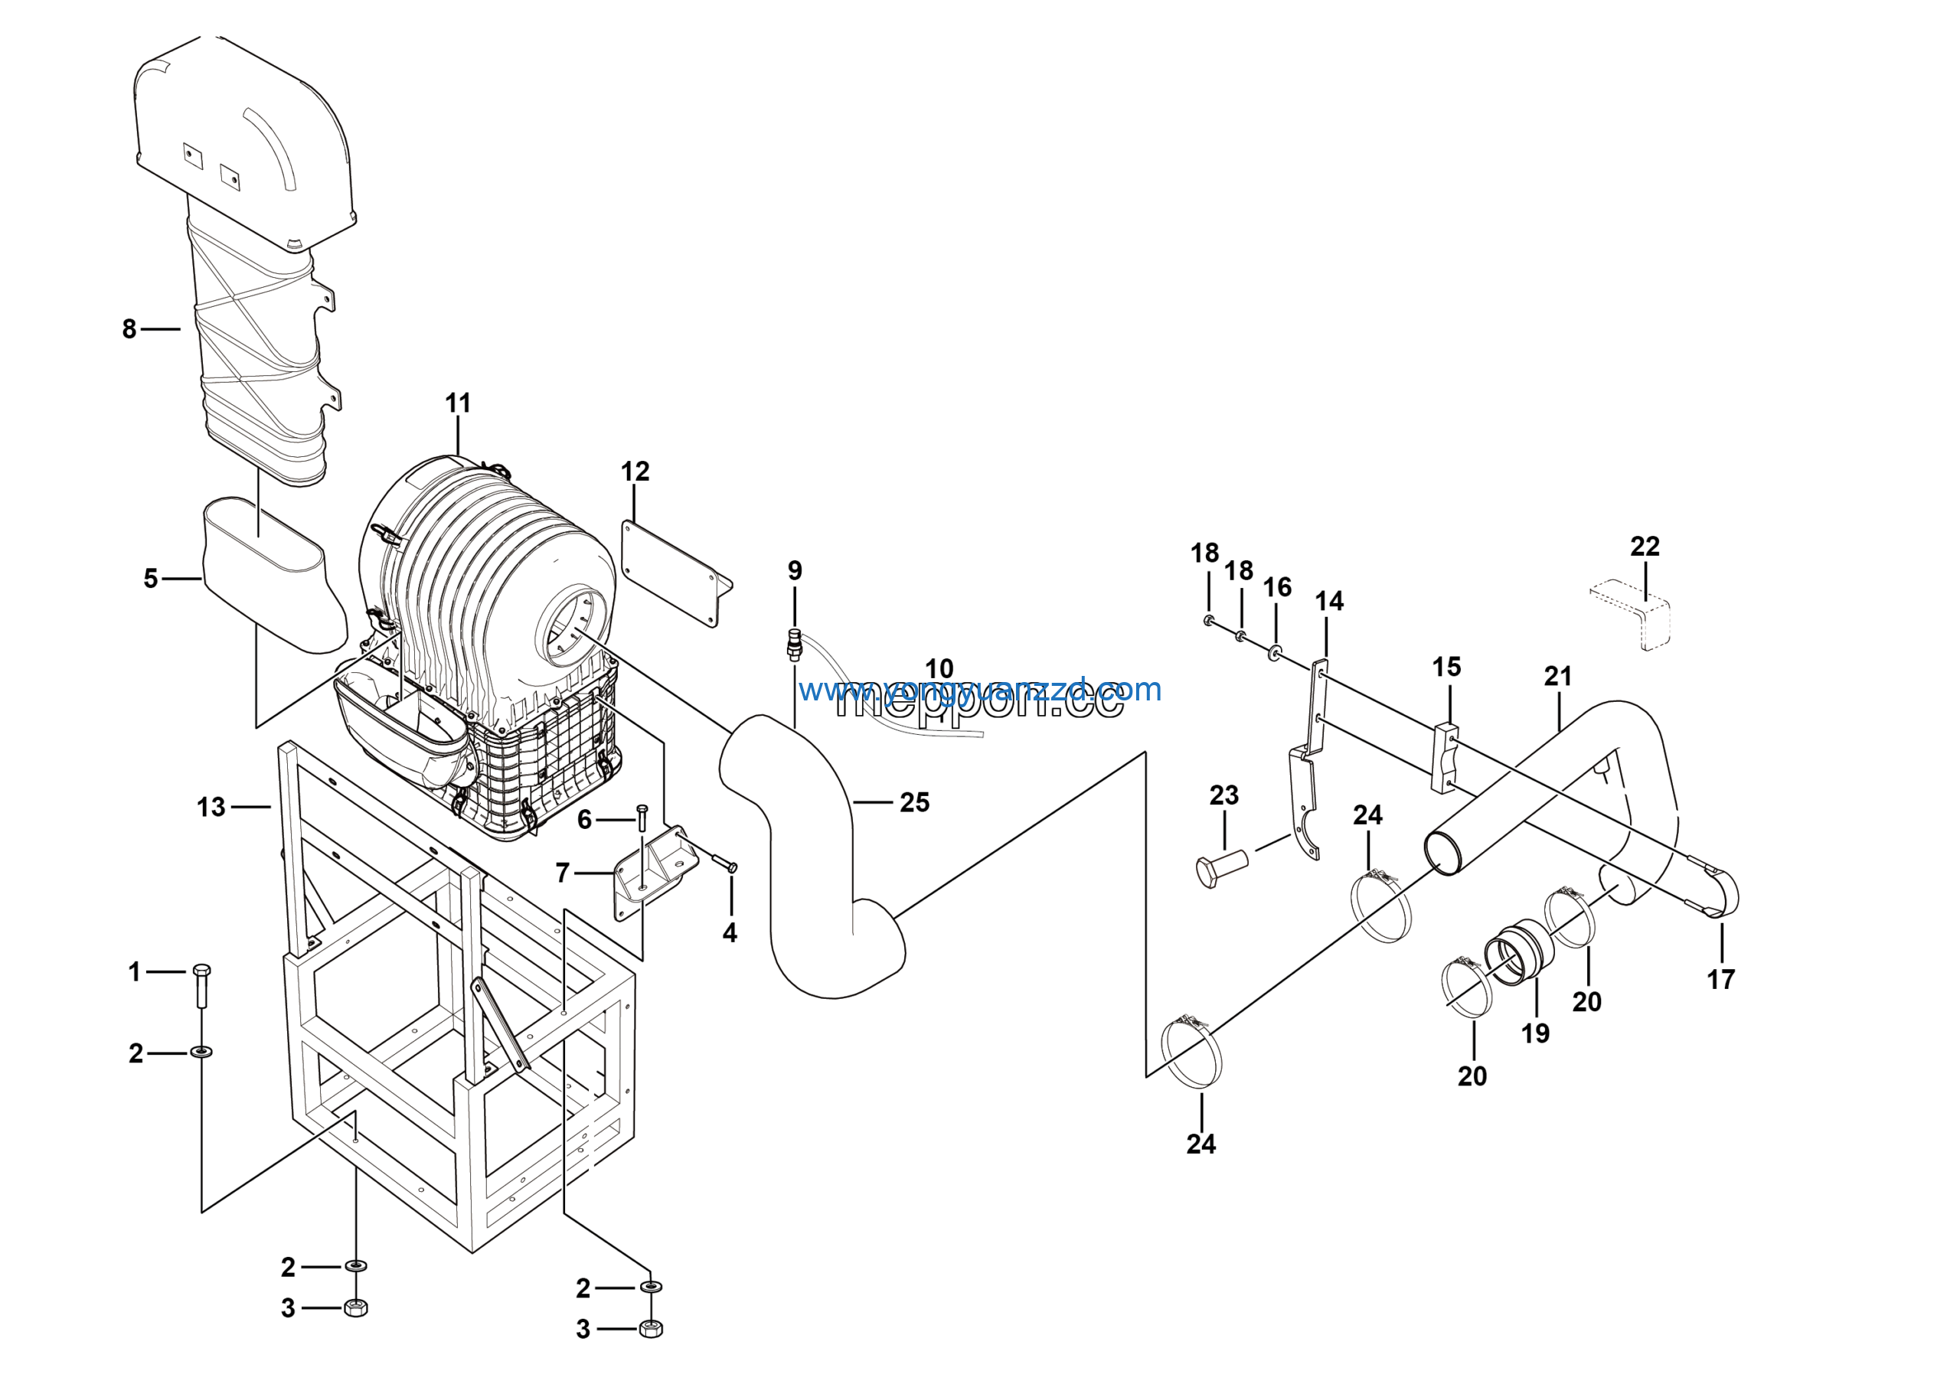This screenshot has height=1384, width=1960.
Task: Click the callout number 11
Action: (x=458, y=403)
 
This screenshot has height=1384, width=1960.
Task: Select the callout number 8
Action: (x=129, y=328)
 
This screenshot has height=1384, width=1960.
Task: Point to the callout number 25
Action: (x=914, y=802)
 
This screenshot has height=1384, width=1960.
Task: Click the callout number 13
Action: (x=211, y=806)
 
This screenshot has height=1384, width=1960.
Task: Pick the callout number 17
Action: (x=1721, y=979)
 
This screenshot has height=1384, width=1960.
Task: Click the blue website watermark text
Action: (x=980, y=689)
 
